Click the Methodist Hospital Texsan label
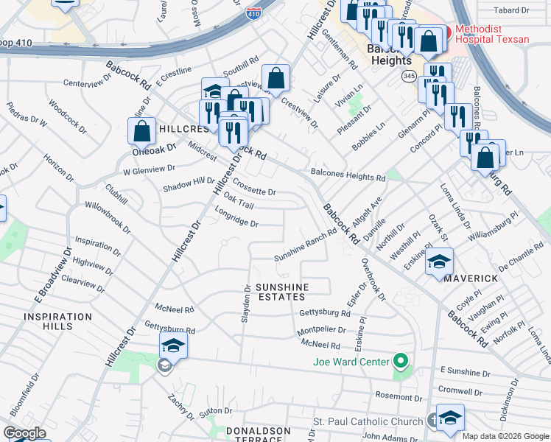coord(491,34)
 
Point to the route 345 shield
coord(410,76)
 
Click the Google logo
coord(25,433)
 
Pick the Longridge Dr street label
coord(236,218)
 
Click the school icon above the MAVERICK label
coord(438,262)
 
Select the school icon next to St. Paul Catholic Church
coord(449,418)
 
